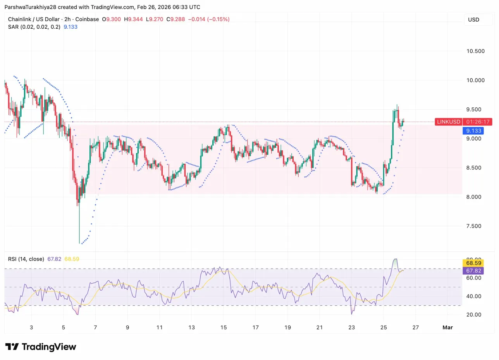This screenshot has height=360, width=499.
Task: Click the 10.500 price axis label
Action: pos(475,51)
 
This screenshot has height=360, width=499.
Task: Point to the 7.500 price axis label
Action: pos(475,226)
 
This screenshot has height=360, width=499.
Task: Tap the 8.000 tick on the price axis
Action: pos(475,197)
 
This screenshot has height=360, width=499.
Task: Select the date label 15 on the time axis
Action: pos(223,327)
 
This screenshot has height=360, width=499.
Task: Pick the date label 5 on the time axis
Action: pos(63,327)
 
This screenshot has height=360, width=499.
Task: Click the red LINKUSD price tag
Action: pos(449,122)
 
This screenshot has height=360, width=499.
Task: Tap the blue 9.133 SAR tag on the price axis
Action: pos(473,131)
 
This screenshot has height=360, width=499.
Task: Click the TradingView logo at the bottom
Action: pos(41,347)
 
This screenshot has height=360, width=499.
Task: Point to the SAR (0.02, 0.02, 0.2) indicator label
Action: pos(34,27)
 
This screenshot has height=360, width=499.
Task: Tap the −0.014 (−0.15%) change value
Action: pos(208,19)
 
